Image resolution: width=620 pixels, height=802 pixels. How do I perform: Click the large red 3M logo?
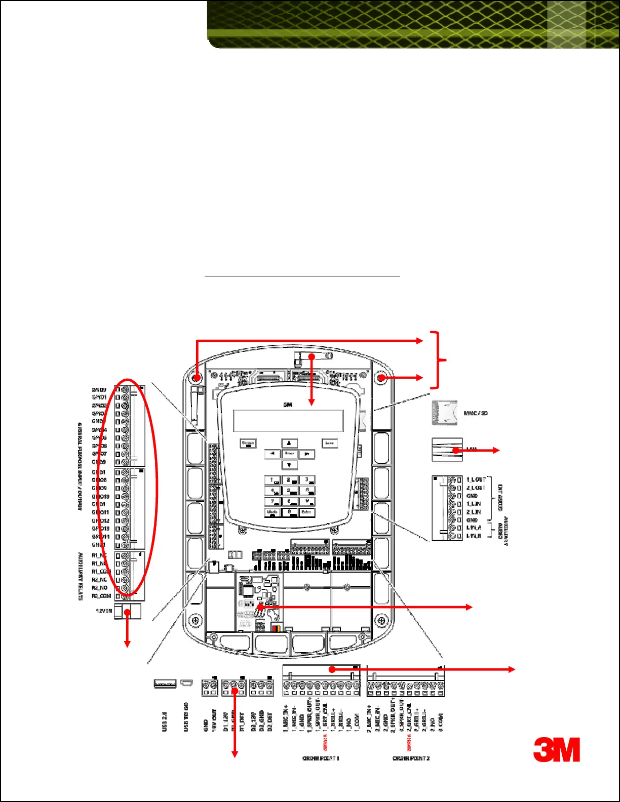pyautogui.click(x=556, y=749)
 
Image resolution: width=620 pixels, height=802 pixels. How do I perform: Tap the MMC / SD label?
pyautogui.click(x=476, y=413)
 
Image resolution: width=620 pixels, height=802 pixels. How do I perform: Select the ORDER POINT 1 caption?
pyautogui.click(x=321, y=758)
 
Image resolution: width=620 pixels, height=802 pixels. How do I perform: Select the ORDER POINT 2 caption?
pyautogui.click(x=411, y=758)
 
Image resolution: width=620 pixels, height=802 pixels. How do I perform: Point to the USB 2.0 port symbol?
pyautogui.click(x=165, y=684)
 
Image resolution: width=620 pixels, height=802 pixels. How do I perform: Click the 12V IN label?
pyautogui.click(x=104, y=611)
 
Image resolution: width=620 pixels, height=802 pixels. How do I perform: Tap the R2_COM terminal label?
pyautogui.click(x=101, y=596)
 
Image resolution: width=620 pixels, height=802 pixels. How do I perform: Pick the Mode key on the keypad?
pyautogui.click(x=273, y=512)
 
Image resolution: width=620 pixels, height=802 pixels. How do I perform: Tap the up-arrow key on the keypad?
pyautogui.click(x=289, y=444)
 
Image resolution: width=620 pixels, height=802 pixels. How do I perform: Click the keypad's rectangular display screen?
pyautogui.click(x=288, y=421)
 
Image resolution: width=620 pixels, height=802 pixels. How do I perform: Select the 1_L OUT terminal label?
pyautogui.click(x=476, y=479)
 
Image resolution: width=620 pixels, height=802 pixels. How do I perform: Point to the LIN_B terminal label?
pyautogui.click(x=474, y=536)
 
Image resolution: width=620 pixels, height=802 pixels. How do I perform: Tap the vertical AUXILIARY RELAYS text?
pyautogui.click(x=81, y=576)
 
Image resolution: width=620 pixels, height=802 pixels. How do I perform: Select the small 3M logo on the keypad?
pyautogui.click(x=288, y=405)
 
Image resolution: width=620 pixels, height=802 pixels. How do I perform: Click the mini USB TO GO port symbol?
pyautogui.click(x=187, y=684)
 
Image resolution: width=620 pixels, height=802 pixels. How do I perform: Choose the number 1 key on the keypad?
pyautogui.click(x=273, y=480)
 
